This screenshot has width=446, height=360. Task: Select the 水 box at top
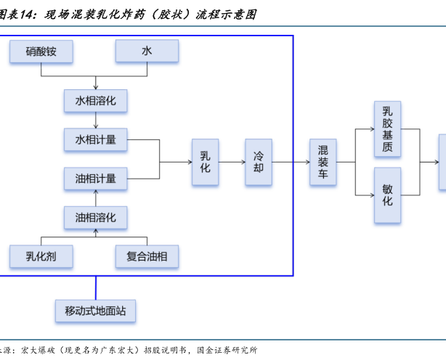(x=147, y=51)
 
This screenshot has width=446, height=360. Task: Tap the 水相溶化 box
(x=96, y=100)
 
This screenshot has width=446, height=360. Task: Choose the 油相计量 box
(x=96, y=177)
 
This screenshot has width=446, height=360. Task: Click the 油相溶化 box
(x=96, y=216)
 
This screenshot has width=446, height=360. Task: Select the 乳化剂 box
(x=41, y=255)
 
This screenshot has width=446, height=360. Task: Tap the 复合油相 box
(x=147, y=255)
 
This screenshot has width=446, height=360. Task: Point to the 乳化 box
(x=206, y=162)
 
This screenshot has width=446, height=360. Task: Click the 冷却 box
(x=259, y=162)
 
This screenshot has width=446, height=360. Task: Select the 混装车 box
(x=323, y=162)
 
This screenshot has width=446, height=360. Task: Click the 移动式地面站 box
(x=95, y=311)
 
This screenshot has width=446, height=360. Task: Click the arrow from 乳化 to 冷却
(x=232, y=162)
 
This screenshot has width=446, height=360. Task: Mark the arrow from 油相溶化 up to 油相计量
(x=96, y=197)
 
